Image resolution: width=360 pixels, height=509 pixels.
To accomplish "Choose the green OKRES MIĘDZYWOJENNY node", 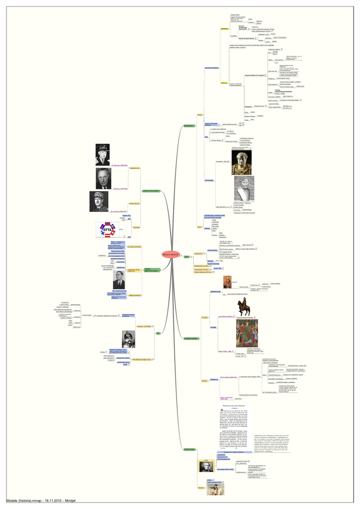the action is (x=151, y=270).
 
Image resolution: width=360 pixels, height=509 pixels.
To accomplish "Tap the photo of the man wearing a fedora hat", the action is (x=102, y=155).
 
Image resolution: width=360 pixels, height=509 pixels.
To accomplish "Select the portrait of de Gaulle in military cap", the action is (x=98, y=201).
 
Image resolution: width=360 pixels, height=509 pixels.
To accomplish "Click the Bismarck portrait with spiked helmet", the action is (x=128, y=339).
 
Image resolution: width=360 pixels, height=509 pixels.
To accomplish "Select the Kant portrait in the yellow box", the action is (x=206, y=466).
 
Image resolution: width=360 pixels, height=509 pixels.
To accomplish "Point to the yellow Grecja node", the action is (x=200, y=115).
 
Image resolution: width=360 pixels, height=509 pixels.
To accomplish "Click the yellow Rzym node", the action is (x=199, y=227).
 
